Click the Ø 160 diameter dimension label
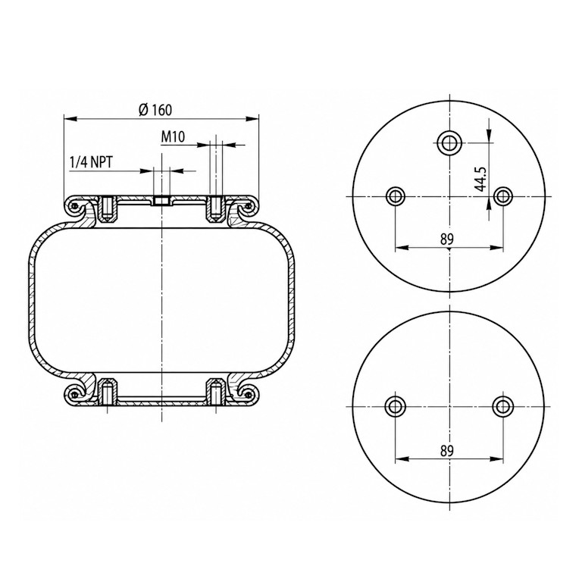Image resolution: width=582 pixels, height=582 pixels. pyautogui.click(x=155, y=109)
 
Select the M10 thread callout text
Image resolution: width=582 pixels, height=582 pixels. pyautogui.click(x=173, y=137)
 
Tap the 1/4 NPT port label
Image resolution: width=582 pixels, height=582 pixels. pyautogui.click(x=91, y=162)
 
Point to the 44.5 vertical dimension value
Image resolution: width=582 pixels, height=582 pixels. pyautogui.click(x=481, y=179)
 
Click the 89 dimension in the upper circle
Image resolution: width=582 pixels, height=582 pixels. pyautogui.click(x=447, y=239)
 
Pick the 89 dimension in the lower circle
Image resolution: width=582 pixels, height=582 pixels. pyautogui.click(x=447, y=451)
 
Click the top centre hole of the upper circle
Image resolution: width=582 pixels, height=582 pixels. pyautogui.click(x=449, y=142)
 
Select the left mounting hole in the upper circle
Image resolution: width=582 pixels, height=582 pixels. pyautogui.click(x=396, y=196)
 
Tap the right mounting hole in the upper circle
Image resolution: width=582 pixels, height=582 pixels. pyautogui.click(x=503, y=196)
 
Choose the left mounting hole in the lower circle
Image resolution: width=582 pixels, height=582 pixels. pyautogui.click(x=396, y=406)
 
